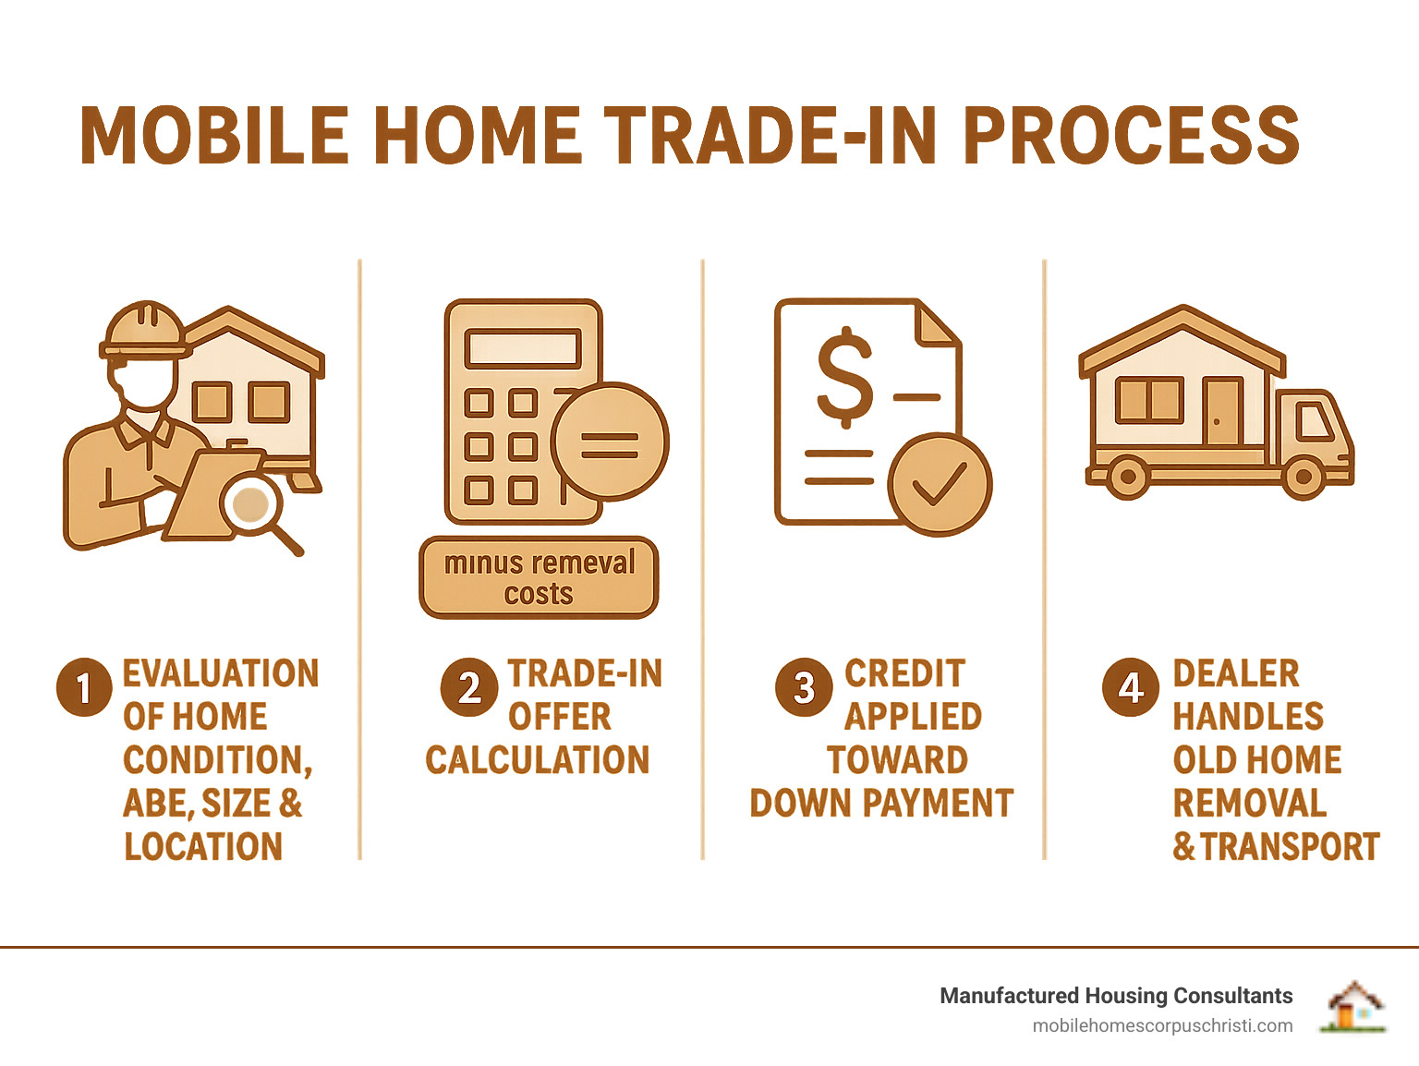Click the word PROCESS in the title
pos(1131,135)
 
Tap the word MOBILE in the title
pos(214,135)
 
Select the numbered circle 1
pos(84,687)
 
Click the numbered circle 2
pos(469,687)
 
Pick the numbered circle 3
pos(804,687)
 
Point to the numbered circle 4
pos(1131,687)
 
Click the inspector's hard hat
pos(145,330)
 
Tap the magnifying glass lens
pos(251,503)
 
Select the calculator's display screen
pos(522,348)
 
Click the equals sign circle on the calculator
pos(610,442)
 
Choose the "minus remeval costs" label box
pos(539,577)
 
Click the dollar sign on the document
pos(844,378)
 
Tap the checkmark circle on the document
pos(940,485)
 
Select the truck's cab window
pos(1315,421)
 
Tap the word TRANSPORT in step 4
pos(1291,846)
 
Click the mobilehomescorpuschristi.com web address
pos(1162,1026)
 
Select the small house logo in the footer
pos(1354,1007)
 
